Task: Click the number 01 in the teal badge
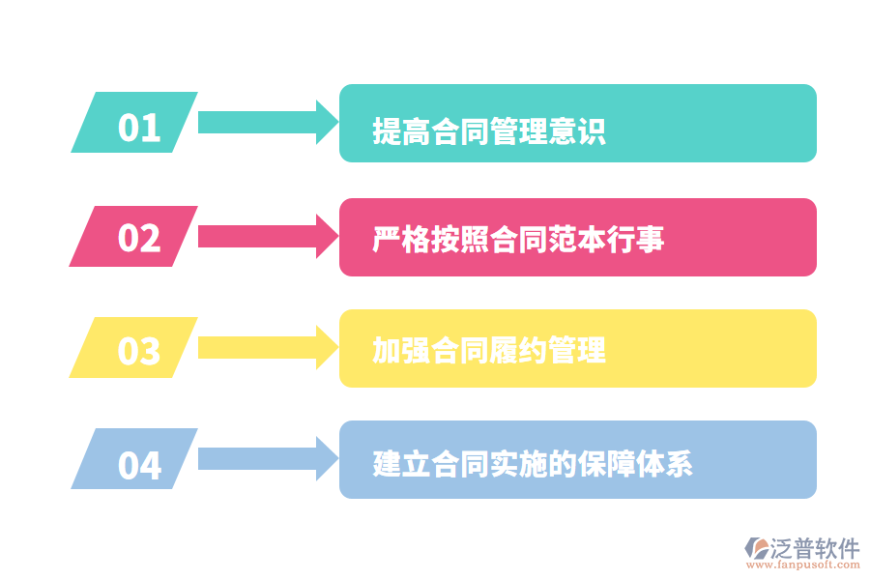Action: tap(138, 127)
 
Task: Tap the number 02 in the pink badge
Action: tap(138, 238)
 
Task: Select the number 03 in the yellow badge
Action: tap(138, 350)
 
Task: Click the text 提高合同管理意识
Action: tap(489, 130)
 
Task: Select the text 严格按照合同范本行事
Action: tap(518, 239)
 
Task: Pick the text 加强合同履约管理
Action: tap(489, 349)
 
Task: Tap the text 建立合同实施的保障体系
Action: tap(533, 463)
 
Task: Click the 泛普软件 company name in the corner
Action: tap(816, 549)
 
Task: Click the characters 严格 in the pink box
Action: tap(401, 239)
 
